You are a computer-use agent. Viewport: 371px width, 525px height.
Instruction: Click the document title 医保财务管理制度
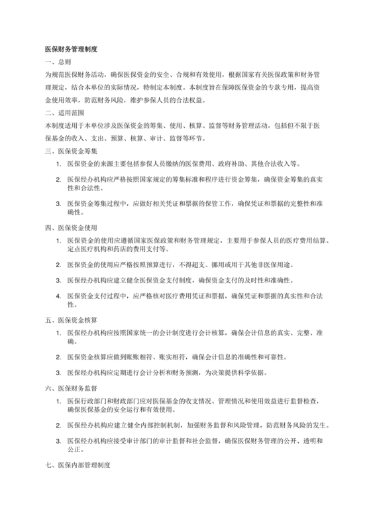coord(71,49)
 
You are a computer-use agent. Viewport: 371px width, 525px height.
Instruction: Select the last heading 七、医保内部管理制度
coord(77,466)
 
